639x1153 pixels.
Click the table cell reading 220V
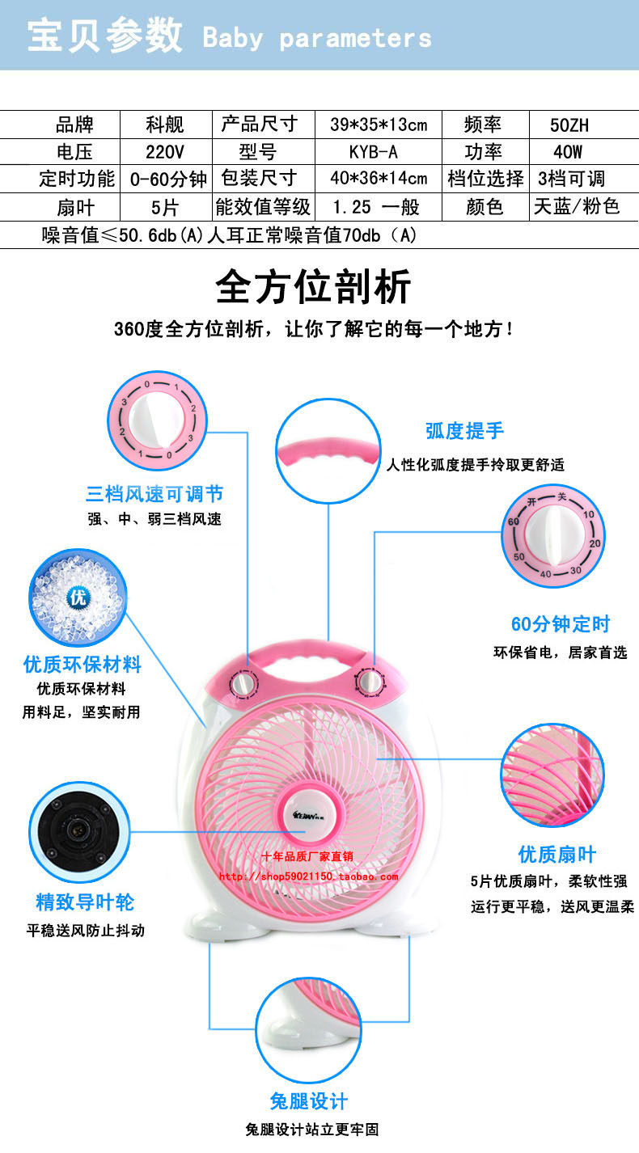coord(165,152)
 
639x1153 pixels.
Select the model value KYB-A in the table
coord(374,152)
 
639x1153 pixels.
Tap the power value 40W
coord(569,152)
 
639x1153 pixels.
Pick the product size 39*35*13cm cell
coord(378,125)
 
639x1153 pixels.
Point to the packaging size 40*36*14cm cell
coord(378,179)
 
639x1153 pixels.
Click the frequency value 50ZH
coord(569,125)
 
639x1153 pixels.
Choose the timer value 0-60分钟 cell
coord(168,179)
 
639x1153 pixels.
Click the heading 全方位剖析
coord(314,286)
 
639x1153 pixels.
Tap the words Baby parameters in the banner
coord(317,38)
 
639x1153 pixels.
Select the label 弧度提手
coord(464,430)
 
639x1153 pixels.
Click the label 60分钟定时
coord(560,623)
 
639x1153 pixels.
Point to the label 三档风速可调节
coord(154,493)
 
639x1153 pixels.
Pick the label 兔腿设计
coord(309,1100)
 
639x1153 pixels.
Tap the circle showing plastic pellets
coord(78,598)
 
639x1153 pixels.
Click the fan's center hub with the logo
coord(308,813)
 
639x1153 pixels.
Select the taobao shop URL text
coord(308,876)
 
